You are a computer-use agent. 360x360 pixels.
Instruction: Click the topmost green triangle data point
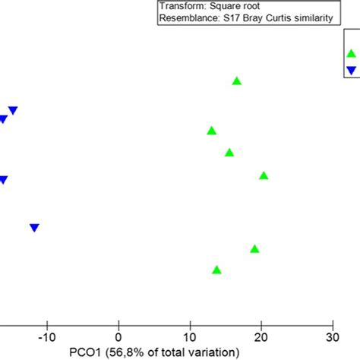(x=236, y=81)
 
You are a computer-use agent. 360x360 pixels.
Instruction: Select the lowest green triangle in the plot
(x=216, y=270)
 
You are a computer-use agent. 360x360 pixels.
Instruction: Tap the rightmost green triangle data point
(x=264, y=175)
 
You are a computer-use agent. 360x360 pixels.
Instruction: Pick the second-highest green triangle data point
(x=211, y=131)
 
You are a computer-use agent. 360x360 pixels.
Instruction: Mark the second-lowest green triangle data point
(x=254, y=249)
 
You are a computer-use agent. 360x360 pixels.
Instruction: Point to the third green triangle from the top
(x=229, y=153)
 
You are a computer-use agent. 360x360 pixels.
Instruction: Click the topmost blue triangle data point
(x=12, y=110)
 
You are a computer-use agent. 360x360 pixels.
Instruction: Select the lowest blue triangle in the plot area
(x=34, y=227)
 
